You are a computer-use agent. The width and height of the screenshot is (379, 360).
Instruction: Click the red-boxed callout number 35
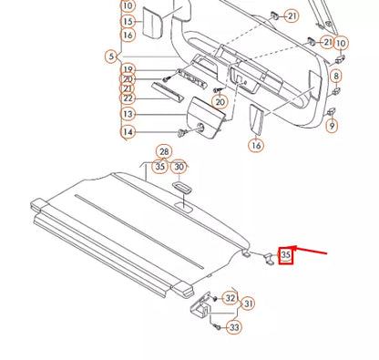tap(286, 256)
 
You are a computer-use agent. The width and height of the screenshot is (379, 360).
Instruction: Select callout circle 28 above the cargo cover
tap(163, 151)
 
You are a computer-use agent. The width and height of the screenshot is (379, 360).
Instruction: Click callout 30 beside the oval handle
tap(179, 167)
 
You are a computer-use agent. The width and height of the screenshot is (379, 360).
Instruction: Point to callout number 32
tap(230, 298)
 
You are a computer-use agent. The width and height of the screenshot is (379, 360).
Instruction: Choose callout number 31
tap(248, 303)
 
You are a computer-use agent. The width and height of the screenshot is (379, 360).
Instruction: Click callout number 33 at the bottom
tap(235, 327)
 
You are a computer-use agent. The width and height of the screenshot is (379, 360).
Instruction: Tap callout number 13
tap(128, 114)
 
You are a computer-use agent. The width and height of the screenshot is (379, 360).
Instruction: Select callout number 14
tap(128, 132)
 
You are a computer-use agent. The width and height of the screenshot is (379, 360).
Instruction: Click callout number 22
tap(128, 98)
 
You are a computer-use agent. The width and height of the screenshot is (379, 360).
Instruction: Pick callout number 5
tap(111, 57)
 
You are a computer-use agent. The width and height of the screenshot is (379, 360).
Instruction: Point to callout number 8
tap(335, 76)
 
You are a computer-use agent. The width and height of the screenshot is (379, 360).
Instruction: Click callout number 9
tap(331, 125)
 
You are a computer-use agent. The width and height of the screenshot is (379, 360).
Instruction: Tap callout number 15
tap(128, 21)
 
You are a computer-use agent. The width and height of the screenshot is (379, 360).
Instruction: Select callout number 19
tap(128, 69)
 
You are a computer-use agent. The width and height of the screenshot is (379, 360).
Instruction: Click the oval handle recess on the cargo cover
tap(180, 187)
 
